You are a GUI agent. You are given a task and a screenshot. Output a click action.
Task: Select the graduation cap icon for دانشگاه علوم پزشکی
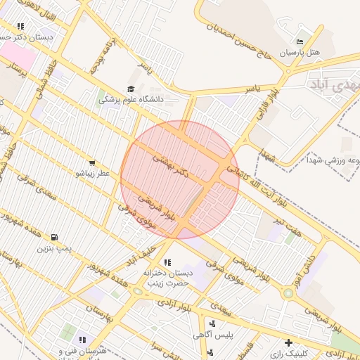pos(130,89)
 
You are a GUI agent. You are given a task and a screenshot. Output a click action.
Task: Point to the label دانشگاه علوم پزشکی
pos(131,100)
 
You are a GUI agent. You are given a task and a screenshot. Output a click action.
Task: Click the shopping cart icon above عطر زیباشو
pos(92,163)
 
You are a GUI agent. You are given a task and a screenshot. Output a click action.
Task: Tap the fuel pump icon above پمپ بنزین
pos(56,237)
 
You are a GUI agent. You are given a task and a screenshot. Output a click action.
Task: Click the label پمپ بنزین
pos(55,248)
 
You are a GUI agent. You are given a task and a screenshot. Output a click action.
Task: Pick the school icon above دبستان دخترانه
pos(167,262)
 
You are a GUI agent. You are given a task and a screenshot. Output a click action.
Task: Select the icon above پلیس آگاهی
pos(212,324)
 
